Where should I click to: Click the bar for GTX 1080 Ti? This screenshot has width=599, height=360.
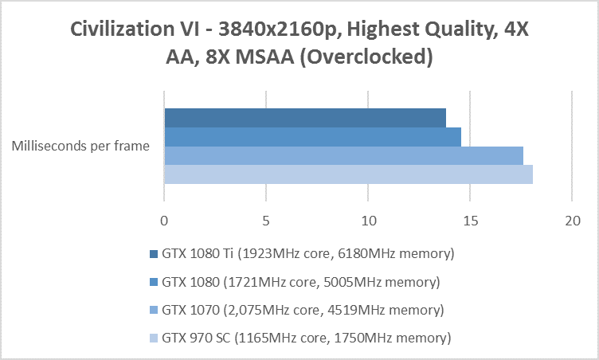click(304, 118)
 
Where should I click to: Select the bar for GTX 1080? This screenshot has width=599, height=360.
click(312, 137)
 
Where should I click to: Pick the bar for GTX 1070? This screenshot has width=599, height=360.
click(343, 155)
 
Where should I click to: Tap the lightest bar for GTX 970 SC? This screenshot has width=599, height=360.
click(348, 174)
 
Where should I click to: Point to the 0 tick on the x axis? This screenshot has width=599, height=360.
click(164, 219)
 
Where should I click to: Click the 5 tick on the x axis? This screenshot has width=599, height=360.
click(266, 219)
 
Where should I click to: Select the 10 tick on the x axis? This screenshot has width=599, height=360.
click(368, 219)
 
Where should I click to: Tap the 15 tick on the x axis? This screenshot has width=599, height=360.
click(470, 219)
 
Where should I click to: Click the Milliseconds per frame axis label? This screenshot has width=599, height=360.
click(81, 146)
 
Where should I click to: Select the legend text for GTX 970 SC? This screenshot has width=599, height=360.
click(307, 338)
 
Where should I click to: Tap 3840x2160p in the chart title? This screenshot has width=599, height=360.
click(272, 30)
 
